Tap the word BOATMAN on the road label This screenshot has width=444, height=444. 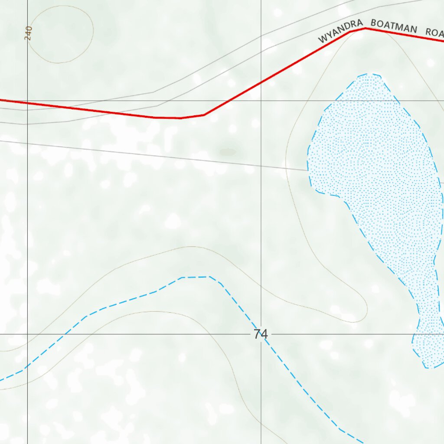(394, 26)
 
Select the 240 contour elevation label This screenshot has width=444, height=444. (29, 33)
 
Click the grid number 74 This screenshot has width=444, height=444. (261, 334)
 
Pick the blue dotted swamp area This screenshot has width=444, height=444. (373, 165)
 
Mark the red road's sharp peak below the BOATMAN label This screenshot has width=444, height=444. (366, 29)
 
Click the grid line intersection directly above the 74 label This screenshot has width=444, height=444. (261, 101)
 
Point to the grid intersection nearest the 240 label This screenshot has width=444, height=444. (27, 101)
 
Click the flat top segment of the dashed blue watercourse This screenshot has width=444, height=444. (195, 277)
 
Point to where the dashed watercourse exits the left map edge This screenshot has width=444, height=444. (1, 380)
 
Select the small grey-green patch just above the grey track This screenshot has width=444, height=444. (228, 152)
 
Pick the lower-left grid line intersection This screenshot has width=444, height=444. (27, 334)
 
